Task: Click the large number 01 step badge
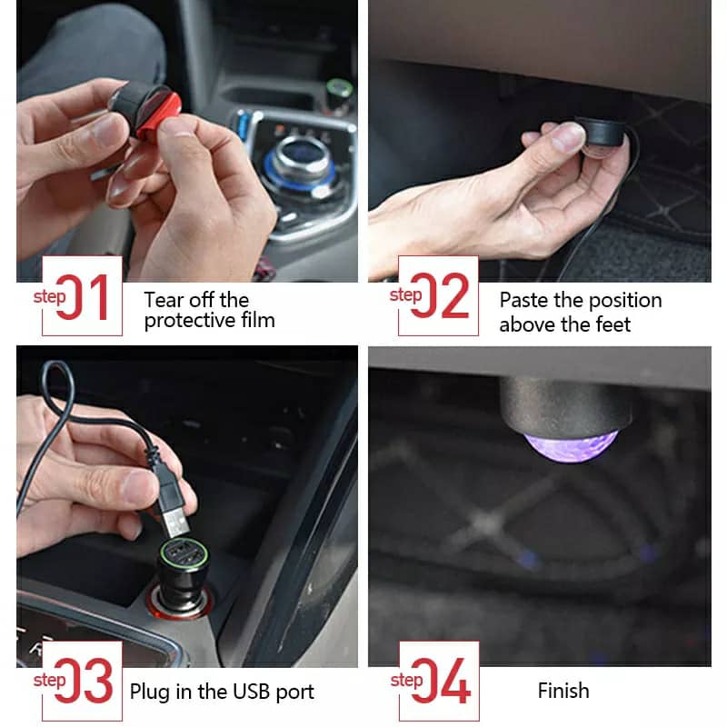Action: coord(84,295)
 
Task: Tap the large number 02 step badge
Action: coord(440,295)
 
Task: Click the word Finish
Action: coord(563,691)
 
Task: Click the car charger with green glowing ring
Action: coord(182,568)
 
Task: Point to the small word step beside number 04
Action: coord(405,680)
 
